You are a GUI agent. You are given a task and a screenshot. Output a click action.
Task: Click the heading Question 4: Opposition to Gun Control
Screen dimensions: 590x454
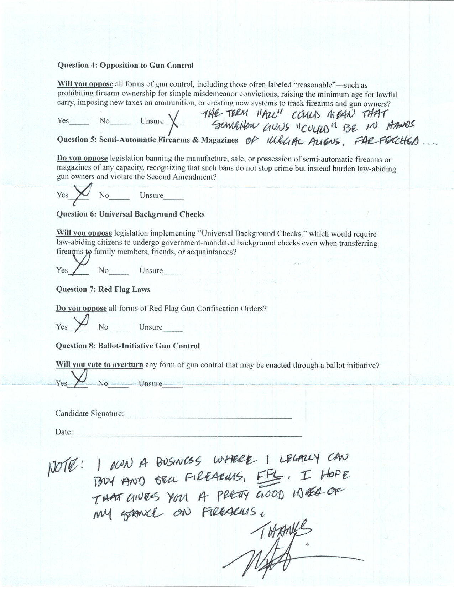pos(126,66)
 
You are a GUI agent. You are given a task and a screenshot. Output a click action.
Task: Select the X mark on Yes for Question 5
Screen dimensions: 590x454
pos(82,193)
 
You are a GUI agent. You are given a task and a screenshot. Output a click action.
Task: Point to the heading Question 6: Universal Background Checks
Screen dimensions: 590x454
pos(130,214)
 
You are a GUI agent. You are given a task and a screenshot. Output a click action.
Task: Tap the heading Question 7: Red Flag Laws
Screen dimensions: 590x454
pos(103,289)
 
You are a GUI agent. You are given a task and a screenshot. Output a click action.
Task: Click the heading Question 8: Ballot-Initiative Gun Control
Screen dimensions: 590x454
pos(128,346)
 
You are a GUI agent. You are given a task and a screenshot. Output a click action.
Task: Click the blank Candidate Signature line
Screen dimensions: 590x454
pos(208,416)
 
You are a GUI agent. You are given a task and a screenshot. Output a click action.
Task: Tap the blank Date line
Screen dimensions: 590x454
pos(187,435)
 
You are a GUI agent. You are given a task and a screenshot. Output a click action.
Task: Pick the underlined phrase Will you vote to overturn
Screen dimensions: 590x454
pos(99,365)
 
